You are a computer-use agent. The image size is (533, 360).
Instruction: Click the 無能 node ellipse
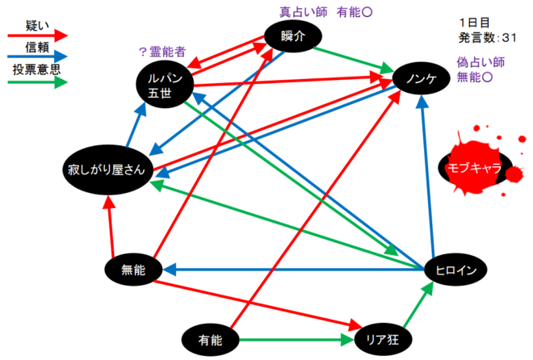(132, 270)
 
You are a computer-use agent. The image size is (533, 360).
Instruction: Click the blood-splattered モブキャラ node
(470, 167)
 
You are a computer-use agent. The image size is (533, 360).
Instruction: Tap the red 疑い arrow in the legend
(37, 36)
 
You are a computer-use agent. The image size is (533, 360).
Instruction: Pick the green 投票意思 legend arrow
(37, 82)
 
